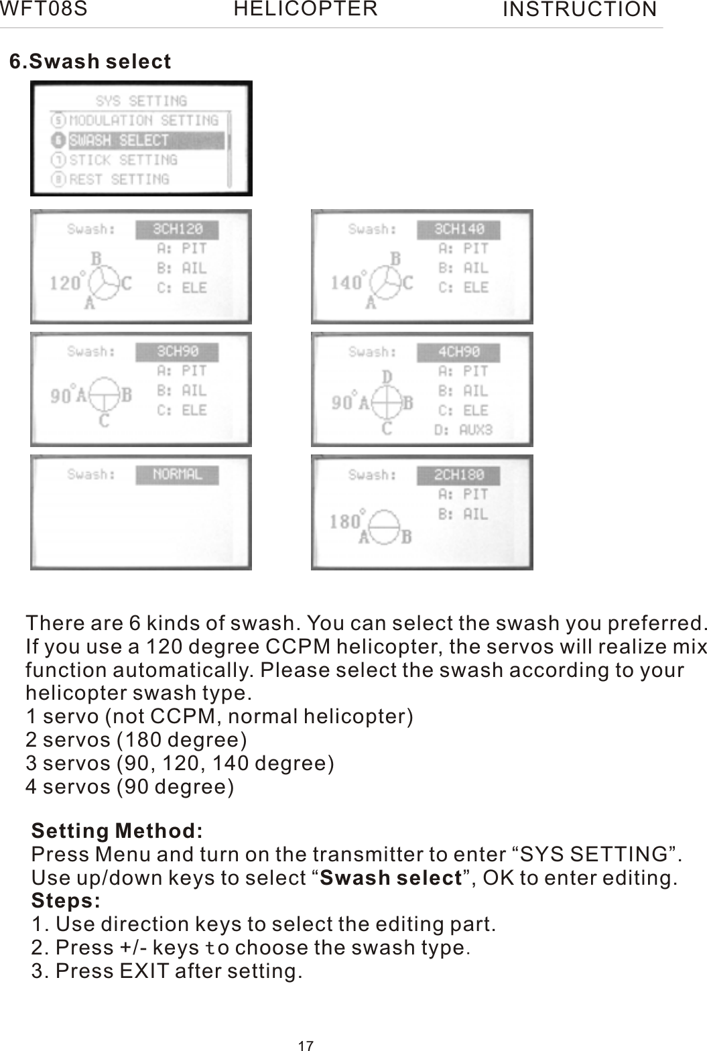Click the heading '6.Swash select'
pyautogui.click(x=90, y=62)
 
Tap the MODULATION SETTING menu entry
pyautogui.click(x=143, y=121)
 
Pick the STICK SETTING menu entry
pyautogui.click(x=123, y=160)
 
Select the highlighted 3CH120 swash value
pyautogui.click(x=178, y=229)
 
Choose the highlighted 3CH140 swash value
pyautogui.click(x=459, y=229)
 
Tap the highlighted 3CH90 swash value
pyautogui.click(x=178, y=352)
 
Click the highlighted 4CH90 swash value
pyautogui.click(x=459, y=352)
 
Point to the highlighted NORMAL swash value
pyautogui.click(x=178, y=475)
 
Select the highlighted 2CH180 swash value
pyautogui.click(x=459, y=475)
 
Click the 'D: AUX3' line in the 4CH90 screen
pyautogui.click(x=463, y=430)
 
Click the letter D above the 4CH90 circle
pyautogui.click(x=387, y=378)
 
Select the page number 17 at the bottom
pyautogui.click(x=306, y=1045)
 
